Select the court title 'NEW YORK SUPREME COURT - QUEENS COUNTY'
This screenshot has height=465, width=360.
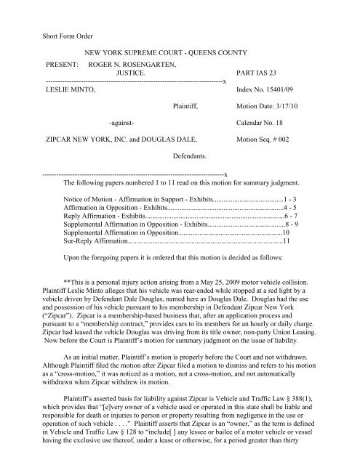[169, 54]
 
